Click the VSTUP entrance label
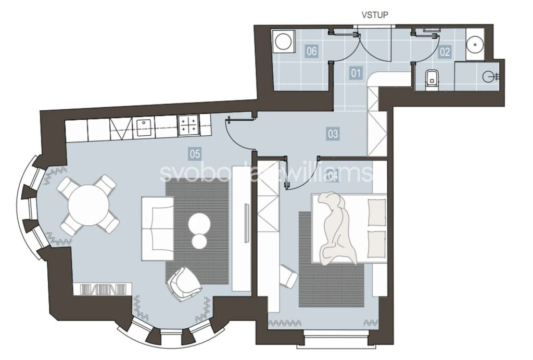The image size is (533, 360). click(375, 15)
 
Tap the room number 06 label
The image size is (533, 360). click(312, 52)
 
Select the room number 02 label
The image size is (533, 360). click(445, 52)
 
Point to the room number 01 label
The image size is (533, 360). click(356, 73)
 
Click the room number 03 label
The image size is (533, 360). click(333, 134)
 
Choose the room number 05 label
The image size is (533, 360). click(195, 155)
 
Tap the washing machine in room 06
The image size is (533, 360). click(283, 42)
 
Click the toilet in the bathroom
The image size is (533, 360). click(432, 78)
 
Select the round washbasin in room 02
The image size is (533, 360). click(475, 44)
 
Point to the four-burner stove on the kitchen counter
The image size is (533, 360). click(188, 125)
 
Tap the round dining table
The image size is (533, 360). click(88, 205)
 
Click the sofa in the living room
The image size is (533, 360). click(158, 228)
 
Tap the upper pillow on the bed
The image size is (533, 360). click(377, 212)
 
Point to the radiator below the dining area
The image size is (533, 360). click(103, 289)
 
